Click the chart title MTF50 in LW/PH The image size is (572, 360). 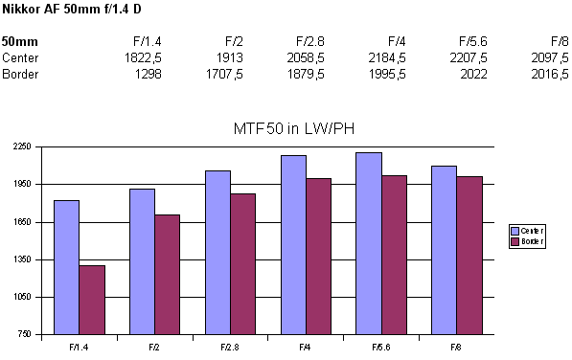pyautogui.click(x=286, y=128)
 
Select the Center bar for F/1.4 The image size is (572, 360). pyautogui.click(x=66, y=267)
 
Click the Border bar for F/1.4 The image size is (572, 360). pyautogui.click(x=92, y=300)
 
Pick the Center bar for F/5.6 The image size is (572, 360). pyautogui.click(x=369, y=243)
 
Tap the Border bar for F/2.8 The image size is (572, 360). pyautogui.click(x=243, y=263)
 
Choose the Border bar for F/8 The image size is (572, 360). pyautogui.click(x=469, y=256)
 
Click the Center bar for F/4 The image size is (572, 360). pyautogui.click(x=293, y=245)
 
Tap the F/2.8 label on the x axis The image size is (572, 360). pyautogui.click(x=230, y=346)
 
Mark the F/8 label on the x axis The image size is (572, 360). pyautogui.click(x=457, y=346)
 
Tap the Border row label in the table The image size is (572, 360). pyautogui.click(x=20, y=74)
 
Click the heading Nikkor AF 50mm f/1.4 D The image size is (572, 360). pyautogui.click(x=63, y=10)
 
